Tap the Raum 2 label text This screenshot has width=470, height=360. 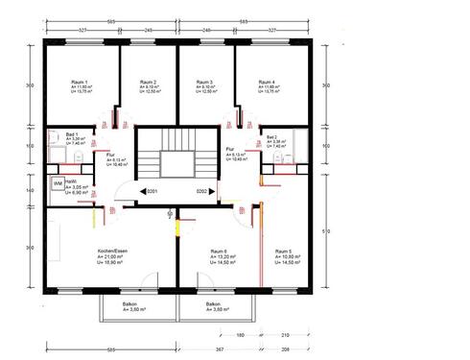[148, 84]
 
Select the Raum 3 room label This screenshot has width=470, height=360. [204, 84]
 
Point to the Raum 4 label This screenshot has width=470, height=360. [267, 84]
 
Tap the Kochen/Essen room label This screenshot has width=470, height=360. [113, 252]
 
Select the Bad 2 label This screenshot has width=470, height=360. [272, 137]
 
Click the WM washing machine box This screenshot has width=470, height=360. [58, 182]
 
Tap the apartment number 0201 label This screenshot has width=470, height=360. [152, 192]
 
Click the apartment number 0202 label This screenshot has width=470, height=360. [202, 192]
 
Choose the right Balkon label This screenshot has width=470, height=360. [212, 303]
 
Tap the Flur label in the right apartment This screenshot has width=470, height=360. [231, 150]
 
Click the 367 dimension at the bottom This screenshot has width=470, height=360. [219, 349]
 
